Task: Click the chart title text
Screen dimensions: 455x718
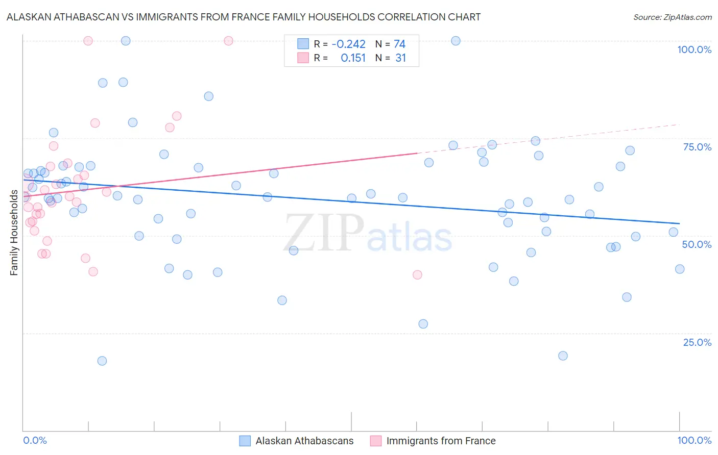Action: coord(244,17)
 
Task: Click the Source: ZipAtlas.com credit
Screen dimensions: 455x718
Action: coord(672,17)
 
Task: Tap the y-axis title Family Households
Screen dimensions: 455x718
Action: coord(14,233)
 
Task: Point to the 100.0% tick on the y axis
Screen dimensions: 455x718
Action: coord(694,49)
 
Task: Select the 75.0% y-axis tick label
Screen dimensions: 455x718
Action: coord(697,147)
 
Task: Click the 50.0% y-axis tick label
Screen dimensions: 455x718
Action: coord(697,244)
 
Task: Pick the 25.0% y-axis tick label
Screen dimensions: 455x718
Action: coord(697,342)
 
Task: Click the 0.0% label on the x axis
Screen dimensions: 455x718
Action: coord(35,440)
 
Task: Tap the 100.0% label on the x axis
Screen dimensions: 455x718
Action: coord(694,440)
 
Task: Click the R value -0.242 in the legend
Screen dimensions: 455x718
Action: coord(348,44)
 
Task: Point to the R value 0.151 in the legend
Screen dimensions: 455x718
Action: coord(353,58)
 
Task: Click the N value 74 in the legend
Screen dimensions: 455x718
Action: coord(399,44)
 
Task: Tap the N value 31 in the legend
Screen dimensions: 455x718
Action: coord(400,58)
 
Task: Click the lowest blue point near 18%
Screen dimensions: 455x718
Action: coord(102,361)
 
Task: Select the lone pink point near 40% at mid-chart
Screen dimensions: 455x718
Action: coord(417,274)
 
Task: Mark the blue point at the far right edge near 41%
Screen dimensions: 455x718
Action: coord(679,269)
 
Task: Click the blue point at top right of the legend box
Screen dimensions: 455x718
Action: coord(456,41)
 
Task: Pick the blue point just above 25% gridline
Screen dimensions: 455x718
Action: coord(423,324)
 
